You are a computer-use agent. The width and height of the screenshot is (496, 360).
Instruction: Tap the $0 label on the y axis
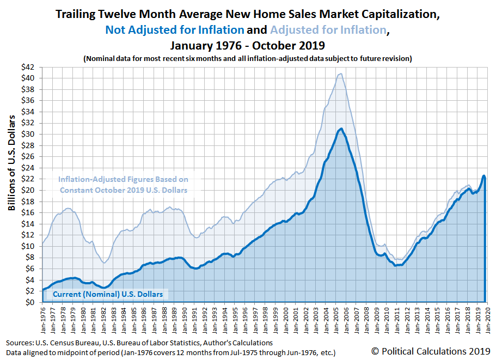coord(33,302)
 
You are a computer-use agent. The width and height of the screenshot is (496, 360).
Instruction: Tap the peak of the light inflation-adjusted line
coord(340,74)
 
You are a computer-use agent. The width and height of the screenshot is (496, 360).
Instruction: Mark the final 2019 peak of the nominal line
coord(483,175)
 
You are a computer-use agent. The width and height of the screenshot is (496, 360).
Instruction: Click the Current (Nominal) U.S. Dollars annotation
coord(108,295)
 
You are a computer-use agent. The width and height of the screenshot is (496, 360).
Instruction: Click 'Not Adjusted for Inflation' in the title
coord(175,30)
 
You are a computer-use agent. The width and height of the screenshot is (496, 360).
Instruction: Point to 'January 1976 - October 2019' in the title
coord(248,45)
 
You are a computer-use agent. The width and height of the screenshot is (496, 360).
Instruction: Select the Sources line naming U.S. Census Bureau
coord(139,343)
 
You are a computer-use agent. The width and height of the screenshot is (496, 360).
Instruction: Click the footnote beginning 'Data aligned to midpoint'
coord(170,352)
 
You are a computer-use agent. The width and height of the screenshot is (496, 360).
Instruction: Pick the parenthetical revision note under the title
coord(248,58)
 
